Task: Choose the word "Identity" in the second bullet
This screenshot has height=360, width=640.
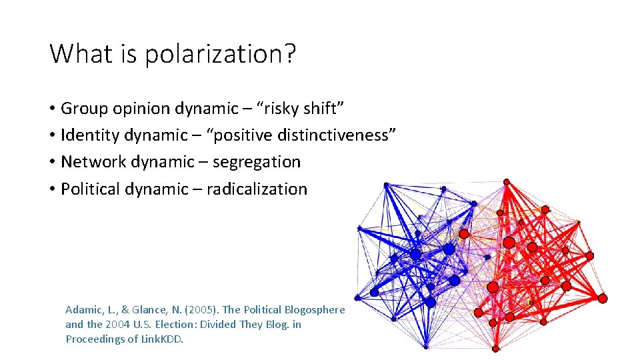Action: pyautogui.click(x=87, y=135)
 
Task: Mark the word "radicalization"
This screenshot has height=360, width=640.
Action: pyautogui.click(x=257, y=189)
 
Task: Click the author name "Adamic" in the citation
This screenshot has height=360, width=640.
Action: pyautogui.click(x=84, y=310)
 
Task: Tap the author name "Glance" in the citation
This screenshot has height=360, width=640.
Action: pyautogui.click(x=148, y=310)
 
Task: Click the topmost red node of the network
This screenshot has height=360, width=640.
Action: pyautogui.click(x=507, y=182)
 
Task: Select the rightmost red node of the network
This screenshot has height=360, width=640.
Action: pyautogui.click(x=603, y=299)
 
